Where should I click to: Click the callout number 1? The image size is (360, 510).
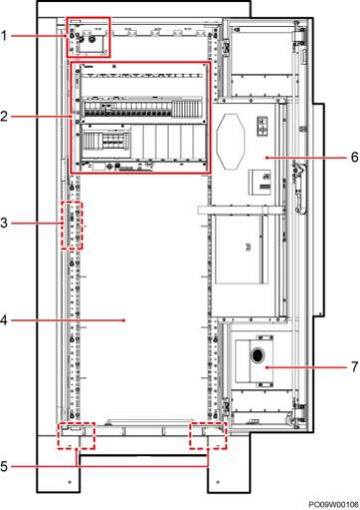pyautogui.click(x=4, y=36)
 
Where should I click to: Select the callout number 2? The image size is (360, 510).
pyautogui.click(x=4, y=117)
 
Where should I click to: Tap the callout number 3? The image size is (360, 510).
pyautogui.click(x=4, y=223)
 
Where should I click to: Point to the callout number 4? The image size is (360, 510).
pyautogui.click(x=4, y=320)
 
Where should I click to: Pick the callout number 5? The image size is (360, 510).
pyautogui.click(x=4, y=466)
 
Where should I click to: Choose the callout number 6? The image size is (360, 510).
pyautogui.click(x=355, y=157)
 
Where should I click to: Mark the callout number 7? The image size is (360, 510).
pyautogui.click(x=355, y=367)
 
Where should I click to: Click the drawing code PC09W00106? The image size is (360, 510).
pyautogui.click(x=333, y=505)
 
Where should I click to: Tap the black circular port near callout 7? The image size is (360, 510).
pyautogui.click(x=257, y=355)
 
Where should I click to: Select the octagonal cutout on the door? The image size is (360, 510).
pyautogui.click(x=230, y=141)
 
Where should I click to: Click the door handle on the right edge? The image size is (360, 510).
pyautogui.click(x=300, y=188)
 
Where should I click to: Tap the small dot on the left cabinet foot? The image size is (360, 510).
pyautogui.click(x=70, y=481)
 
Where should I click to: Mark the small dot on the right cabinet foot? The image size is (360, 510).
pyautogui.click(x=217, y=481)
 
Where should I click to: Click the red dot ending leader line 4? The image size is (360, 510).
pyautogui.click(x=125, y=320)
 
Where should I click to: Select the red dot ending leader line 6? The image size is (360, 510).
pyautogui.click(x=266, y=157)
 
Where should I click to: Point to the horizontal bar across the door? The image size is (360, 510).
pyautogui.click(x=240, y=210)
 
